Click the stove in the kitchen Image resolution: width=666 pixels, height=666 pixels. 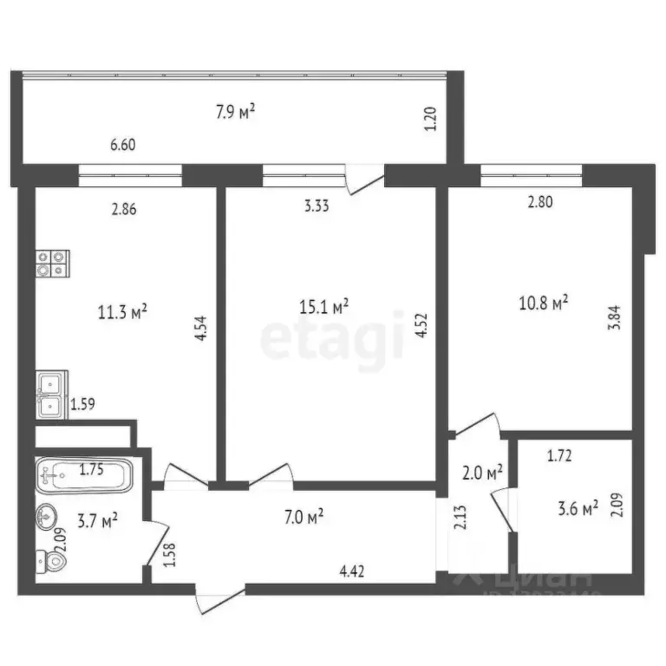click(53, 263)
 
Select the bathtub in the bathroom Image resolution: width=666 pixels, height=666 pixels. click(84, 475)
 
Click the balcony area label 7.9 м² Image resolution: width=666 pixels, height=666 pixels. click(234, 111)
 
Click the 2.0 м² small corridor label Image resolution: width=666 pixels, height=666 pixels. click(481, 473)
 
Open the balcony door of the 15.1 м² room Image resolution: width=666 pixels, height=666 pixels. click(364, 179)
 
